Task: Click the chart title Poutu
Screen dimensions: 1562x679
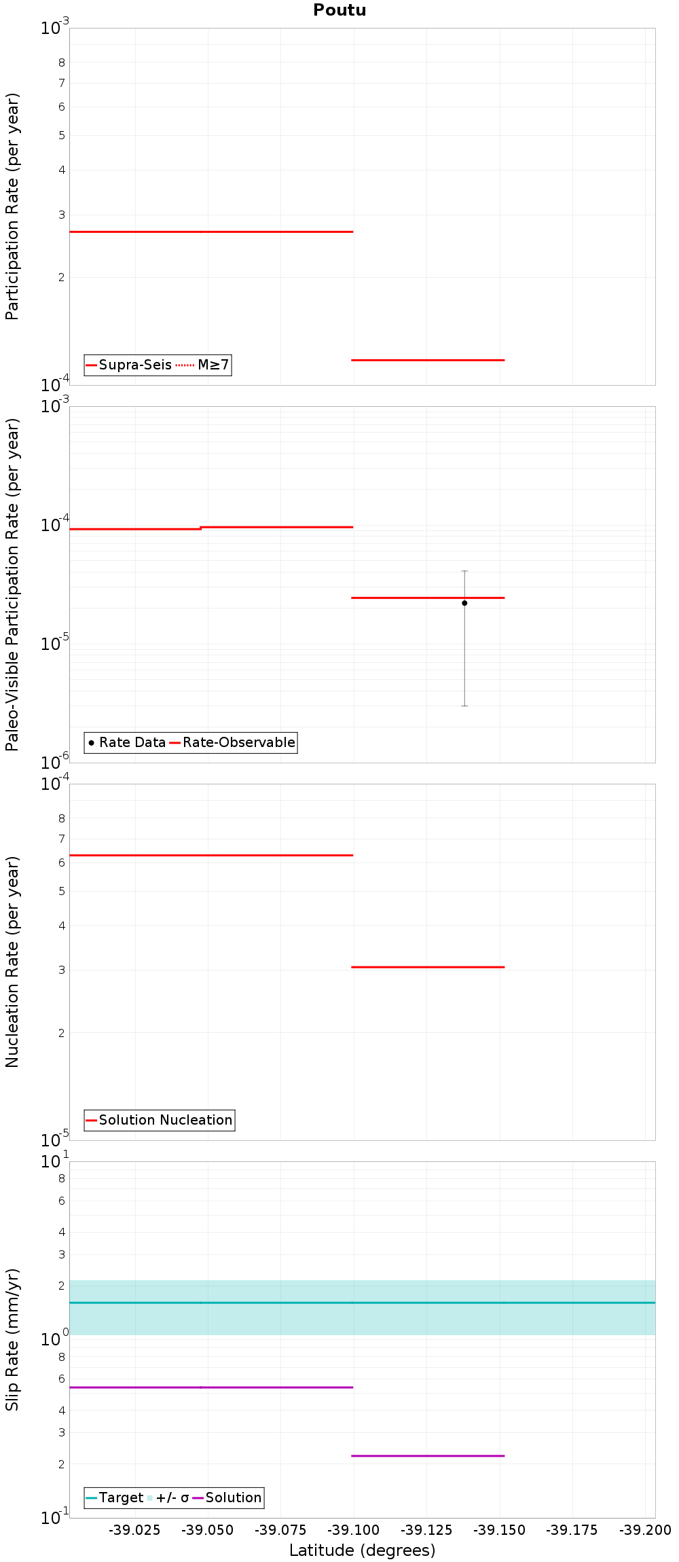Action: tap(339, 10)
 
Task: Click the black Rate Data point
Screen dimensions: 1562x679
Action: tap(464, 603)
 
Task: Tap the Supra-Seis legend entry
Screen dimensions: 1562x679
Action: tap(129, 365)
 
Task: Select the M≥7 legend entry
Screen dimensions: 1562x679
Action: tap(203, 365)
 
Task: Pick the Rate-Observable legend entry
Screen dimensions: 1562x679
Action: tap(232, 742)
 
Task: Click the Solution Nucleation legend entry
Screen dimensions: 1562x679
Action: tap(160, 1120)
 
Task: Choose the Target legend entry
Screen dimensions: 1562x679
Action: tap(115, 1497)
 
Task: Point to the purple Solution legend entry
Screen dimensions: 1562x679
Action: tap(227, 1497)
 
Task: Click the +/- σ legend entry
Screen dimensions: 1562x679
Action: tap(168, 1497)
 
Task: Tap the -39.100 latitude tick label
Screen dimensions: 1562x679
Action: tap(353, 1530)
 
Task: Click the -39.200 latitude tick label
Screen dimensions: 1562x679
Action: tap(645, 1530)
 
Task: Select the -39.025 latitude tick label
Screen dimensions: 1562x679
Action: tap(135, 1530)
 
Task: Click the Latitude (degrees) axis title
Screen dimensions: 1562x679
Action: tap(362, 1550)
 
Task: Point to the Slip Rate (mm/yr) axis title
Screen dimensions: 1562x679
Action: tap(12, 1339)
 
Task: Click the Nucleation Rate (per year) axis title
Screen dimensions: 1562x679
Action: tap(12, 962)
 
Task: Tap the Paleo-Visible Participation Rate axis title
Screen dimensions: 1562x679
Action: tap(12, 584)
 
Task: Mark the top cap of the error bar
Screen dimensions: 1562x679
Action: tap(464, 571)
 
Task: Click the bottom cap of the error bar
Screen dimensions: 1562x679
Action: tap(464, 706)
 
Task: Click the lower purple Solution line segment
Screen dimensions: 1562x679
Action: tap(428, 1455)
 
